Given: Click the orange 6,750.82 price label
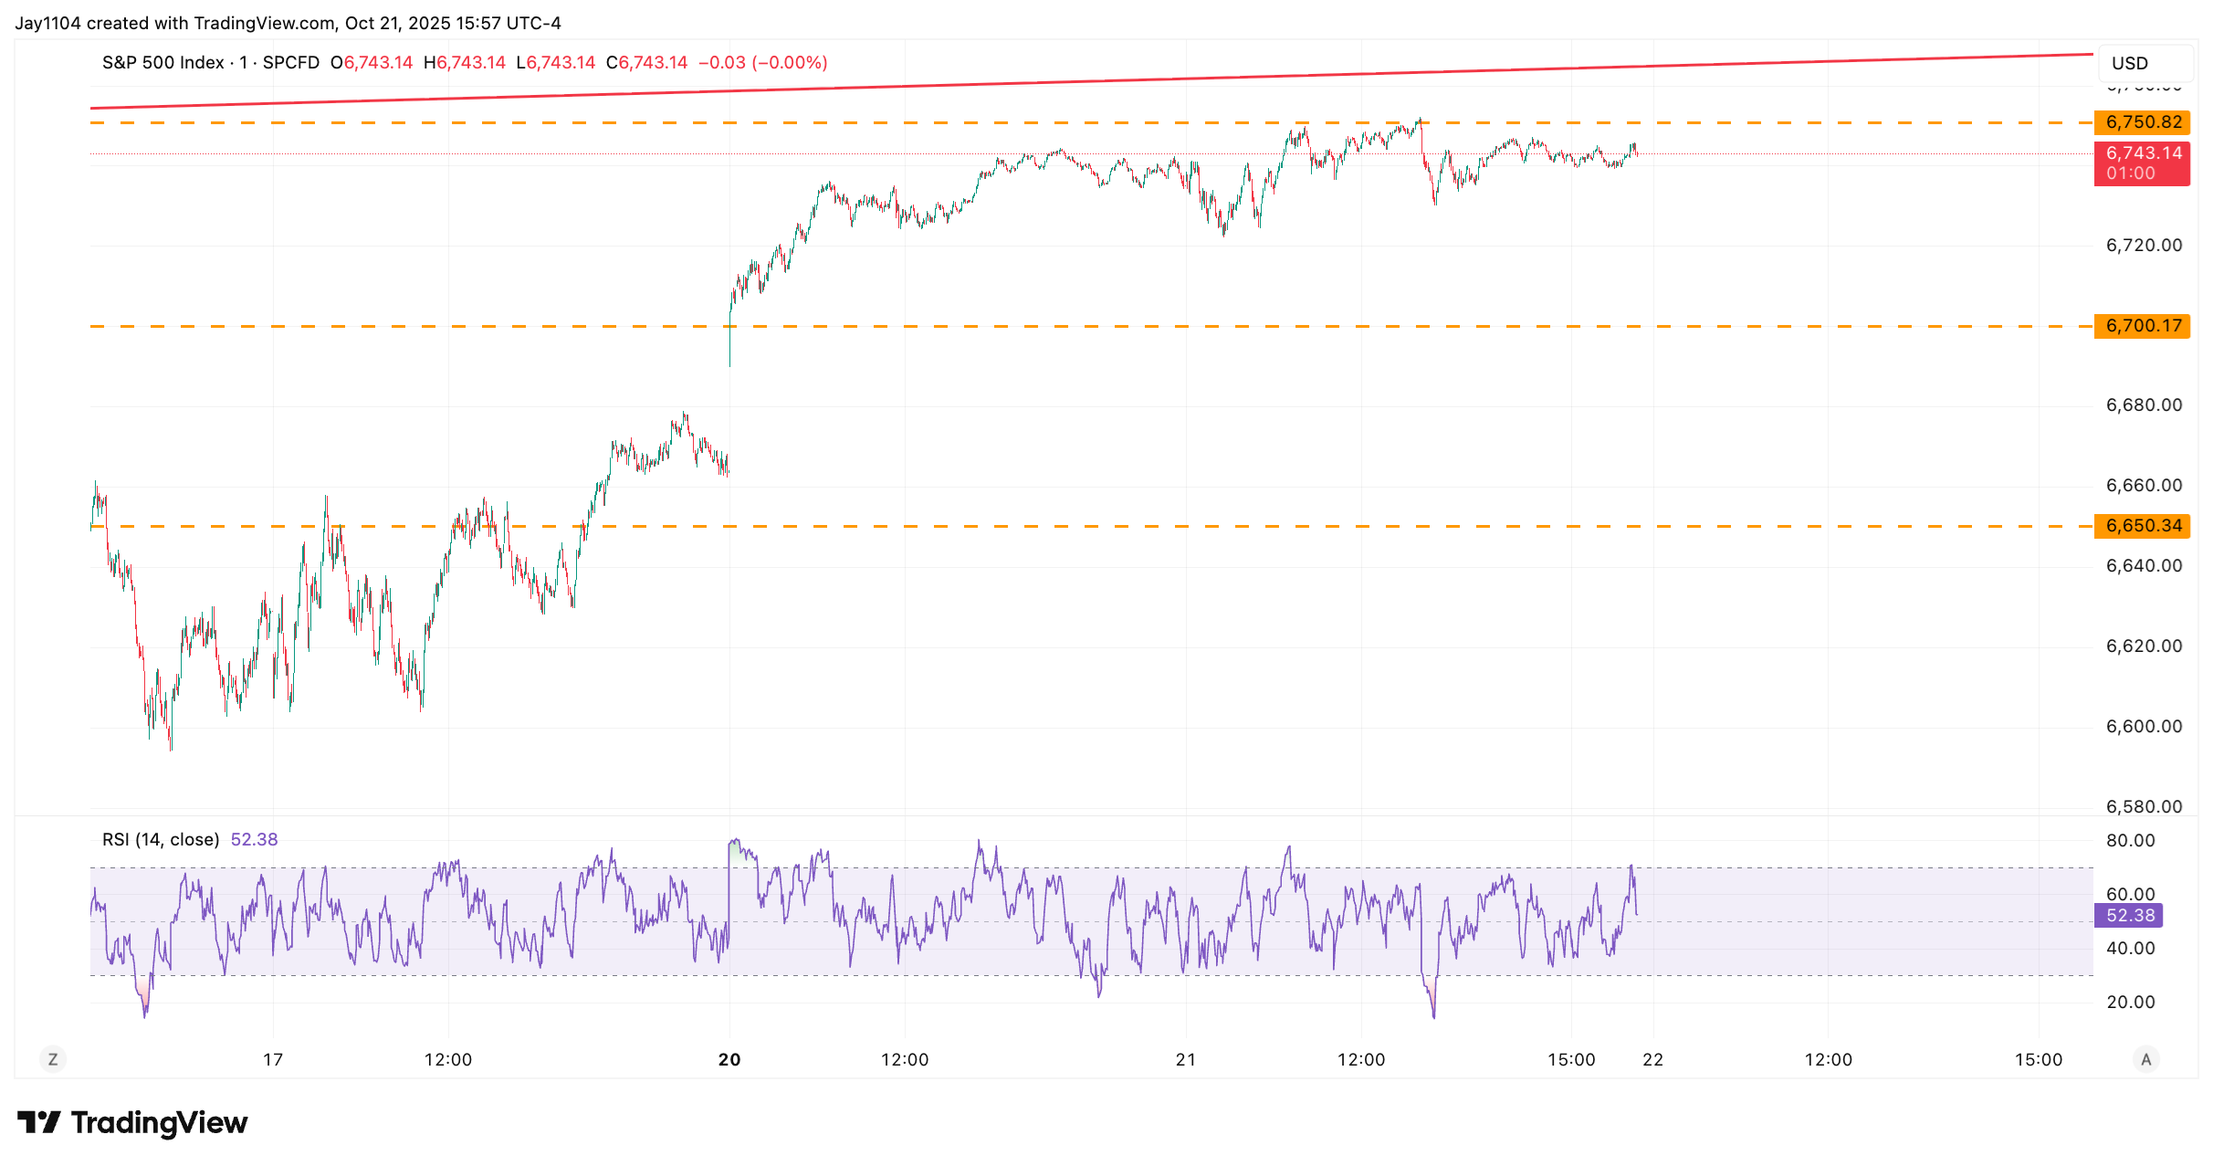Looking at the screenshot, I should pos(2143,122).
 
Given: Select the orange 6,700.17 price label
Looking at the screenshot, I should pos(2143,326).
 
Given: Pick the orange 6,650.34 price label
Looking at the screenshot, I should pos(2143,526).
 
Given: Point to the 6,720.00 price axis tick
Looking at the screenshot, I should pos(2143,245).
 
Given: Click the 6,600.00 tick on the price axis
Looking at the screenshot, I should pos(2143,726).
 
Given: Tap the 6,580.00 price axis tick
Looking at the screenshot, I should pos(2143,806).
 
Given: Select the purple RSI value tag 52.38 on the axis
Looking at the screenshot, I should pos(2129,915).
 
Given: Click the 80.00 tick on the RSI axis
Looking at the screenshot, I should pos(2130,840).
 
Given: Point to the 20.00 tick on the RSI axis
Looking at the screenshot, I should pos(2130,1002).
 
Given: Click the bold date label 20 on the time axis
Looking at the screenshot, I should pos(729,1059).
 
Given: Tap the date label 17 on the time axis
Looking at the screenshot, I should pos(273,1059).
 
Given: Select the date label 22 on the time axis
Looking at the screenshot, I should pos(1652,1059).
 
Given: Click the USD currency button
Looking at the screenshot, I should pos(2130,63).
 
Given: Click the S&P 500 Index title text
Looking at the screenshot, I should pos(163,62).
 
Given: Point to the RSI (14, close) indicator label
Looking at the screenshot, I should pos(161,839).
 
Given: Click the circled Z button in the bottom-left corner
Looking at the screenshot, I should pos(53,1059).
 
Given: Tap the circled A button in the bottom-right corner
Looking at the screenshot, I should pos(2146,1059).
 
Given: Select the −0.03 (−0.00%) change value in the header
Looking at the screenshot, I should pos(763,62).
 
